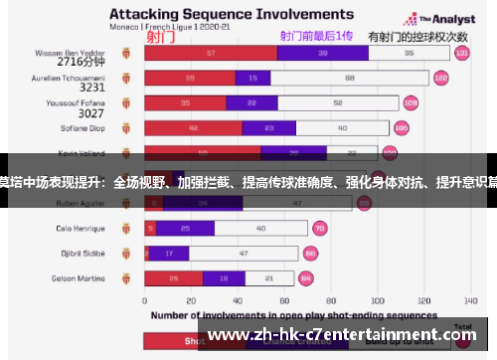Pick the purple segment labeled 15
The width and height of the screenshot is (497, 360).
(x=252, y=78)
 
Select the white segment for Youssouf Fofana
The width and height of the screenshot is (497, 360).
(x=339, y=102)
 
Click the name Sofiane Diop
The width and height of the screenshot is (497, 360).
(x=86, y=127)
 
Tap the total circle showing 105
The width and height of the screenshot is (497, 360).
(x=402, y=127)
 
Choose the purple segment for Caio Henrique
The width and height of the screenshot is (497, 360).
(x=185, y=228)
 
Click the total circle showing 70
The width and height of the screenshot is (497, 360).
(x=320, y=228)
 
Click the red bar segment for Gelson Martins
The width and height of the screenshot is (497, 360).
(x=174, y=277)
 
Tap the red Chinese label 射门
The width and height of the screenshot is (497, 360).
(x=161, y=37)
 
